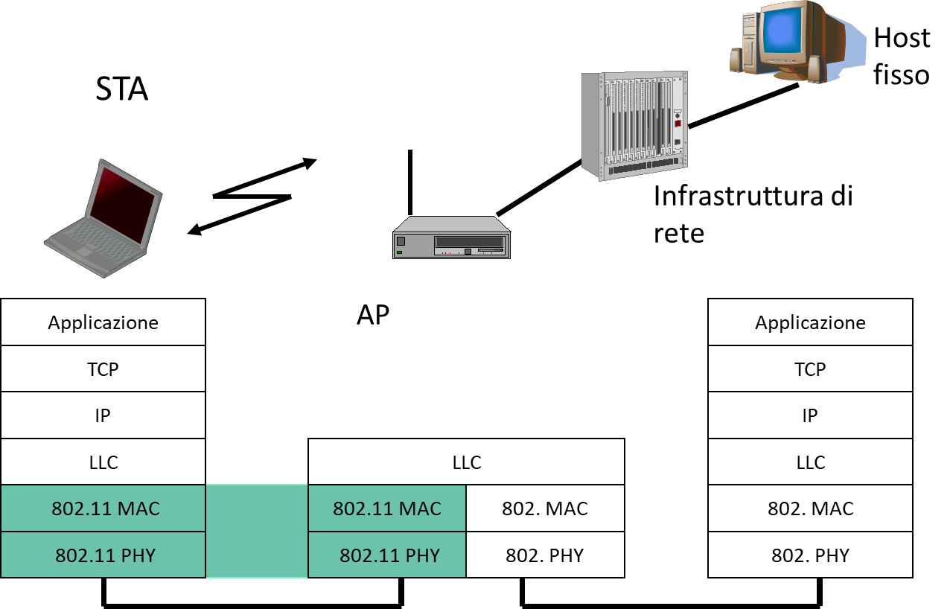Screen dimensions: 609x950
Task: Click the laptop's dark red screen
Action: (123, 203)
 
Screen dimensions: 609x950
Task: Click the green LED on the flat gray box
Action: (400, 252)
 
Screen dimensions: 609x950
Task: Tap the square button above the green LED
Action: (401, 241)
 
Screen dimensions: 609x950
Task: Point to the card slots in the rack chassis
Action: (633, 119)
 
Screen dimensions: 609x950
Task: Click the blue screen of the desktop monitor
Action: (780, 31)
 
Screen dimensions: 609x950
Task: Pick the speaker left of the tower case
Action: (736, 60)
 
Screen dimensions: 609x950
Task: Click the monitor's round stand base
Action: (793, 75)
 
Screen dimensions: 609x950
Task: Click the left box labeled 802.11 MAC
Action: (103, 508)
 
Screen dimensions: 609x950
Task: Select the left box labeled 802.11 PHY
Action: (103, 555)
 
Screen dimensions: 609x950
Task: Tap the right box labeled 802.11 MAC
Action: (386, 508)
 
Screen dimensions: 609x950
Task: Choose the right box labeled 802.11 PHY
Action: (386, 555)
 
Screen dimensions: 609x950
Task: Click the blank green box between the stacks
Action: (256, 531)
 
